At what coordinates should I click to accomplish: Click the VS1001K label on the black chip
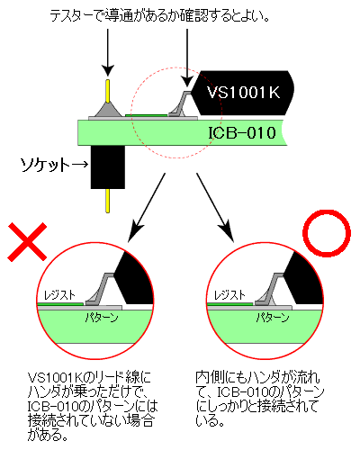point(243,93)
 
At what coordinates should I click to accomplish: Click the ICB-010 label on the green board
point(242,133)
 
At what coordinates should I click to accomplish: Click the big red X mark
point(27,242)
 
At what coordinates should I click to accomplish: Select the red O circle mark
point(327,233)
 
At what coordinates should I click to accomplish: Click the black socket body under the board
point(108,167)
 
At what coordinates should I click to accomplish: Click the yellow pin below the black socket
point(107,201)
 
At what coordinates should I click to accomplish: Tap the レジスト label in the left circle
point(59,295)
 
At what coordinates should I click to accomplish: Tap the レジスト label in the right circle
point(229,295)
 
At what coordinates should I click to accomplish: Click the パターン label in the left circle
point(102,318)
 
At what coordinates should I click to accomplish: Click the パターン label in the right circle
point(273,318)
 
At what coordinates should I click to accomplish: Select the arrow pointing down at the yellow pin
point(108,52)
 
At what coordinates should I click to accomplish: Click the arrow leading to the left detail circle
point(147,207)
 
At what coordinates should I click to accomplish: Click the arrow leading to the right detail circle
point(215,207)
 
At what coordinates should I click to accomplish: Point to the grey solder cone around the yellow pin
point(108,110)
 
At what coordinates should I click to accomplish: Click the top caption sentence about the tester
point(159,16)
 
